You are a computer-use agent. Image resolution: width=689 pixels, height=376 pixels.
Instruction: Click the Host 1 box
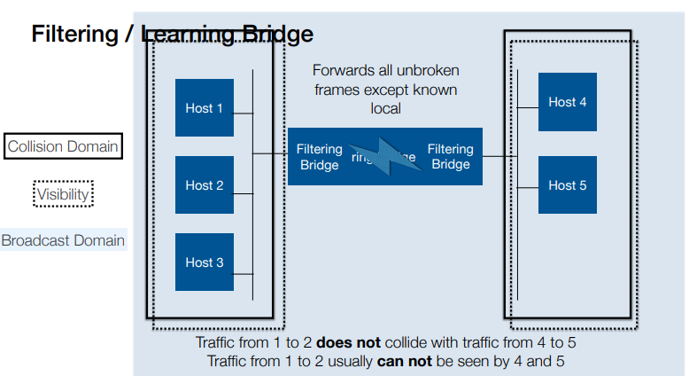click(205, 108)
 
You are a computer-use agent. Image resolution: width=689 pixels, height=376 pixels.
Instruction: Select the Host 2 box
click(205, 185)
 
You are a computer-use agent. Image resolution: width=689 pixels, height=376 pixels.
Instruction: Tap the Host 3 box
click(205, 262)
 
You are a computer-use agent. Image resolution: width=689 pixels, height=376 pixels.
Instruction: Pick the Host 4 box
click(567, 102)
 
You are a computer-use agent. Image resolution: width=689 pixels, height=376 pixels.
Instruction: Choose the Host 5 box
click(567, 185)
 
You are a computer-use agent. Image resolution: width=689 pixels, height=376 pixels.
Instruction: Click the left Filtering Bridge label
click(319, 157)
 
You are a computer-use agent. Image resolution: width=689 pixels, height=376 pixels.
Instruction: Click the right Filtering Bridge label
click(450, 157)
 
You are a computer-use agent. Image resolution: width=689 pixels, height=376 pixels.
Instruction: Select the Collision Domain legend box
click(63, 146)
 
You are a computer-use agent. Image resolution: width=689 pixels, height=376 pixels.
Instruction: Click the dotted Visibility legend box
click(63, 193)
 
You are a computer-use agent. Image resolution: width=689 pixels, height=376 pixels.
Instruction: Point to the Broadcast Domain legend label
click(63, 240)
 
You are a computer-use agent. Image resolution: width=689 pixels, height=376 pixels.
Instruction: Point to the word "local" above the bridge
click(385, 108)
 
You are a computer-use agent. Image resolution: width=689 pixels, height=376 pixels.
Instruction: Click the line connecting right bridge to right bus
click(500, 157)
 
